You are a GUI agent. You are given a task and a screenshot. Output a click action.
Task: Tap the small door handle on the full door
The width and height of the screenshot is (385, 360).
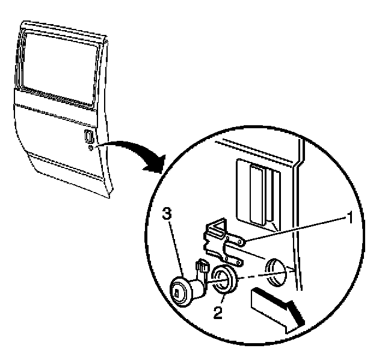click(88, 136)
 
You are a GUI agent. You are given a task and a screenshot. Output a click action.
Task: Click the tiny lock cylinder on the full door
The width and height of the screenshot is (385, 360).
click(89, 148)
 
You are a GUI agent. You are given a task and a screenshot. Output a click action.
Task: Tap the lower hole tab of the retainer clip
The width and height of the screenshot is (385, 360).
click(239, 261)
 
